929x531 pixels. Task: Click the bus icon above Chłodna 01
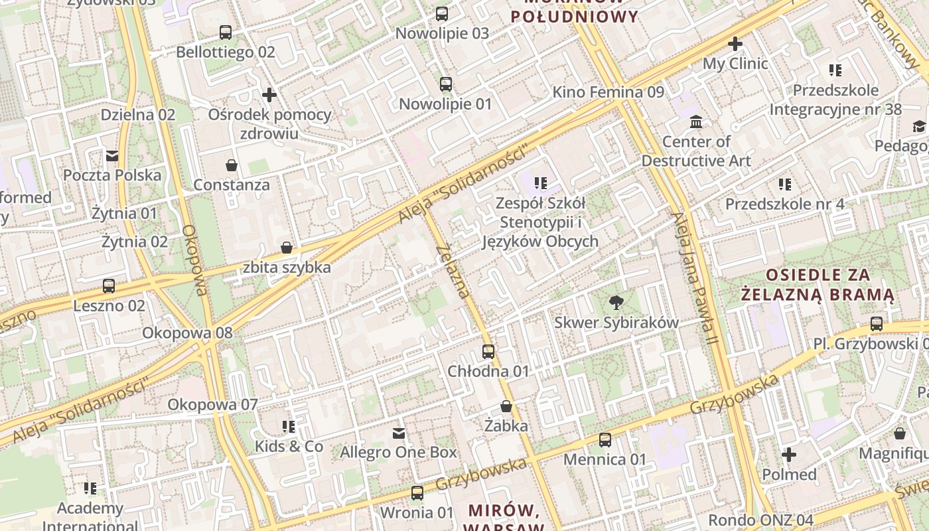[x=488, y=351]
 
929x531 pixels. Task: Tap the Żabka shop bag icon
[x=506, y=406]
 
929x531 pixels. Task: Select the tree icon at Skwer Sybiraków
[x=616, y=303]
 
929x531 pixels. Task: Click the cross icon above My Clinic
[x=735, y=44]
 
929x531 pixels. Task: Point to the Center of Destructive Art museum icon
[x=696, y=122]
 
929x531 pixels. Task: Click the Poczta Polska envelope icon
[x=112, y=156]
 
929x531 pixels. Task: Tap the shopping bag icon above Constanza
[x=232, y=165]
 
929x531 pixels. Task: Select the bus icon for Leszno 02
[x=109, y=286]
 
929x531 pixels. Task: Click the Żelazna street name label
[x=455, y=271]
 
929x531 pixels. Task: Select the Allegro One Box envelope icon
[x=399, y=433]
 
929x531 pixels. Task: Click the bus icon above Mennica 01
[x=605, y=439]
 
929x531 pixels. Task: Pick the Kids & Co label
[x=289, y=446]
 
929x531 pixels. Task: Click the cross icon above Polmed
[x=788, y=455]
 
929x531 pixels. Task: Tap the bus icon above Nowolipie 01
[x=446, y=84]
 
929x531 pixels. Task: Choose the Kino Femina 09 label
[x=608, y=92]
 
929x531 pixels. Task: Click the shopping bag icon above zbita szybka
[x=287, y=248]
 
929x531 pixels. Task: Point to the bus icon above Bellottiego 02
[x=226, y=32]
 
